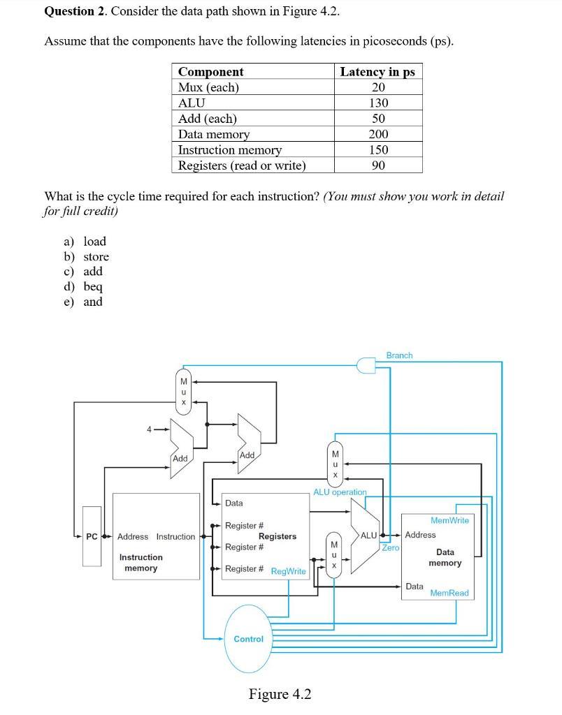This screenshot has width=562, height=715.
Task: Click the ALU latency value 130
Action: (378, 103)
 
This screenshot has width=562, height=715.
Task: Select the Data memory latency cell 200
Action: (378, 134)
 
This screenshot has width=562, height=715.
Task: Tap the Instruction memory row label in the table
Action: (230, 150)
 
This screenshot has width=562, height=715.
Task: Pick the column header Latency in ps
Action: (377, 72)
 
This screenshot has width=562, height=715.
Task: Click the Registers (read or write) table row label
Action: (242, 165)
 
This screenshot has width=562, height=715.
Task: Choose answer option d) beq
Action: (84, 287)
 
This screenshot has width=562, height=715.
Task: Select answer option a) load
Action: (85, 242)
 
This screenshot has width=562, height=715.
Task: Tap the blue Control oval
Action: (248, 639)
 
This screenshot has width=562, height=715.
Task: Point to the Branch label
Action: (399, 355)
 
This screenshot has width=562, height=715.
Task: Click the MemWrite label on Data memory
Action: (449, 521)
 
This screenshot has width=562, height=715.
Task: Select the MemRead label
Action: (449, 593)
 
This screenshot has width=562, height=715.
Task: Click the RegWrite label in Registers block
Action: (288, 571)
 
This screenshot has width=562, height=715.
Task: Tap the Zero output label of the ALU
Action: (391, 548)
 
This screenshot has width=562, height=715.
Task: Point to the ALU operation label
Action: (340, 492)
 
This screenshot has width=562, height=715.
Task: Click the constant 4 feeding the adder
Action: (148, 429)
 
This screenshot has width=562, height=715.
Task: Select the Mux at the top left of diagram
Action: (184, 392)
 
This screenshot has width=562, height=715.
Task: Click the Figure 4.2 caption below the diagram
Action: (280, 694)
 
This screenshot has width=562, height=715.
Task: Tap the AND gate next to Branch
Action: (366, 364)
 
